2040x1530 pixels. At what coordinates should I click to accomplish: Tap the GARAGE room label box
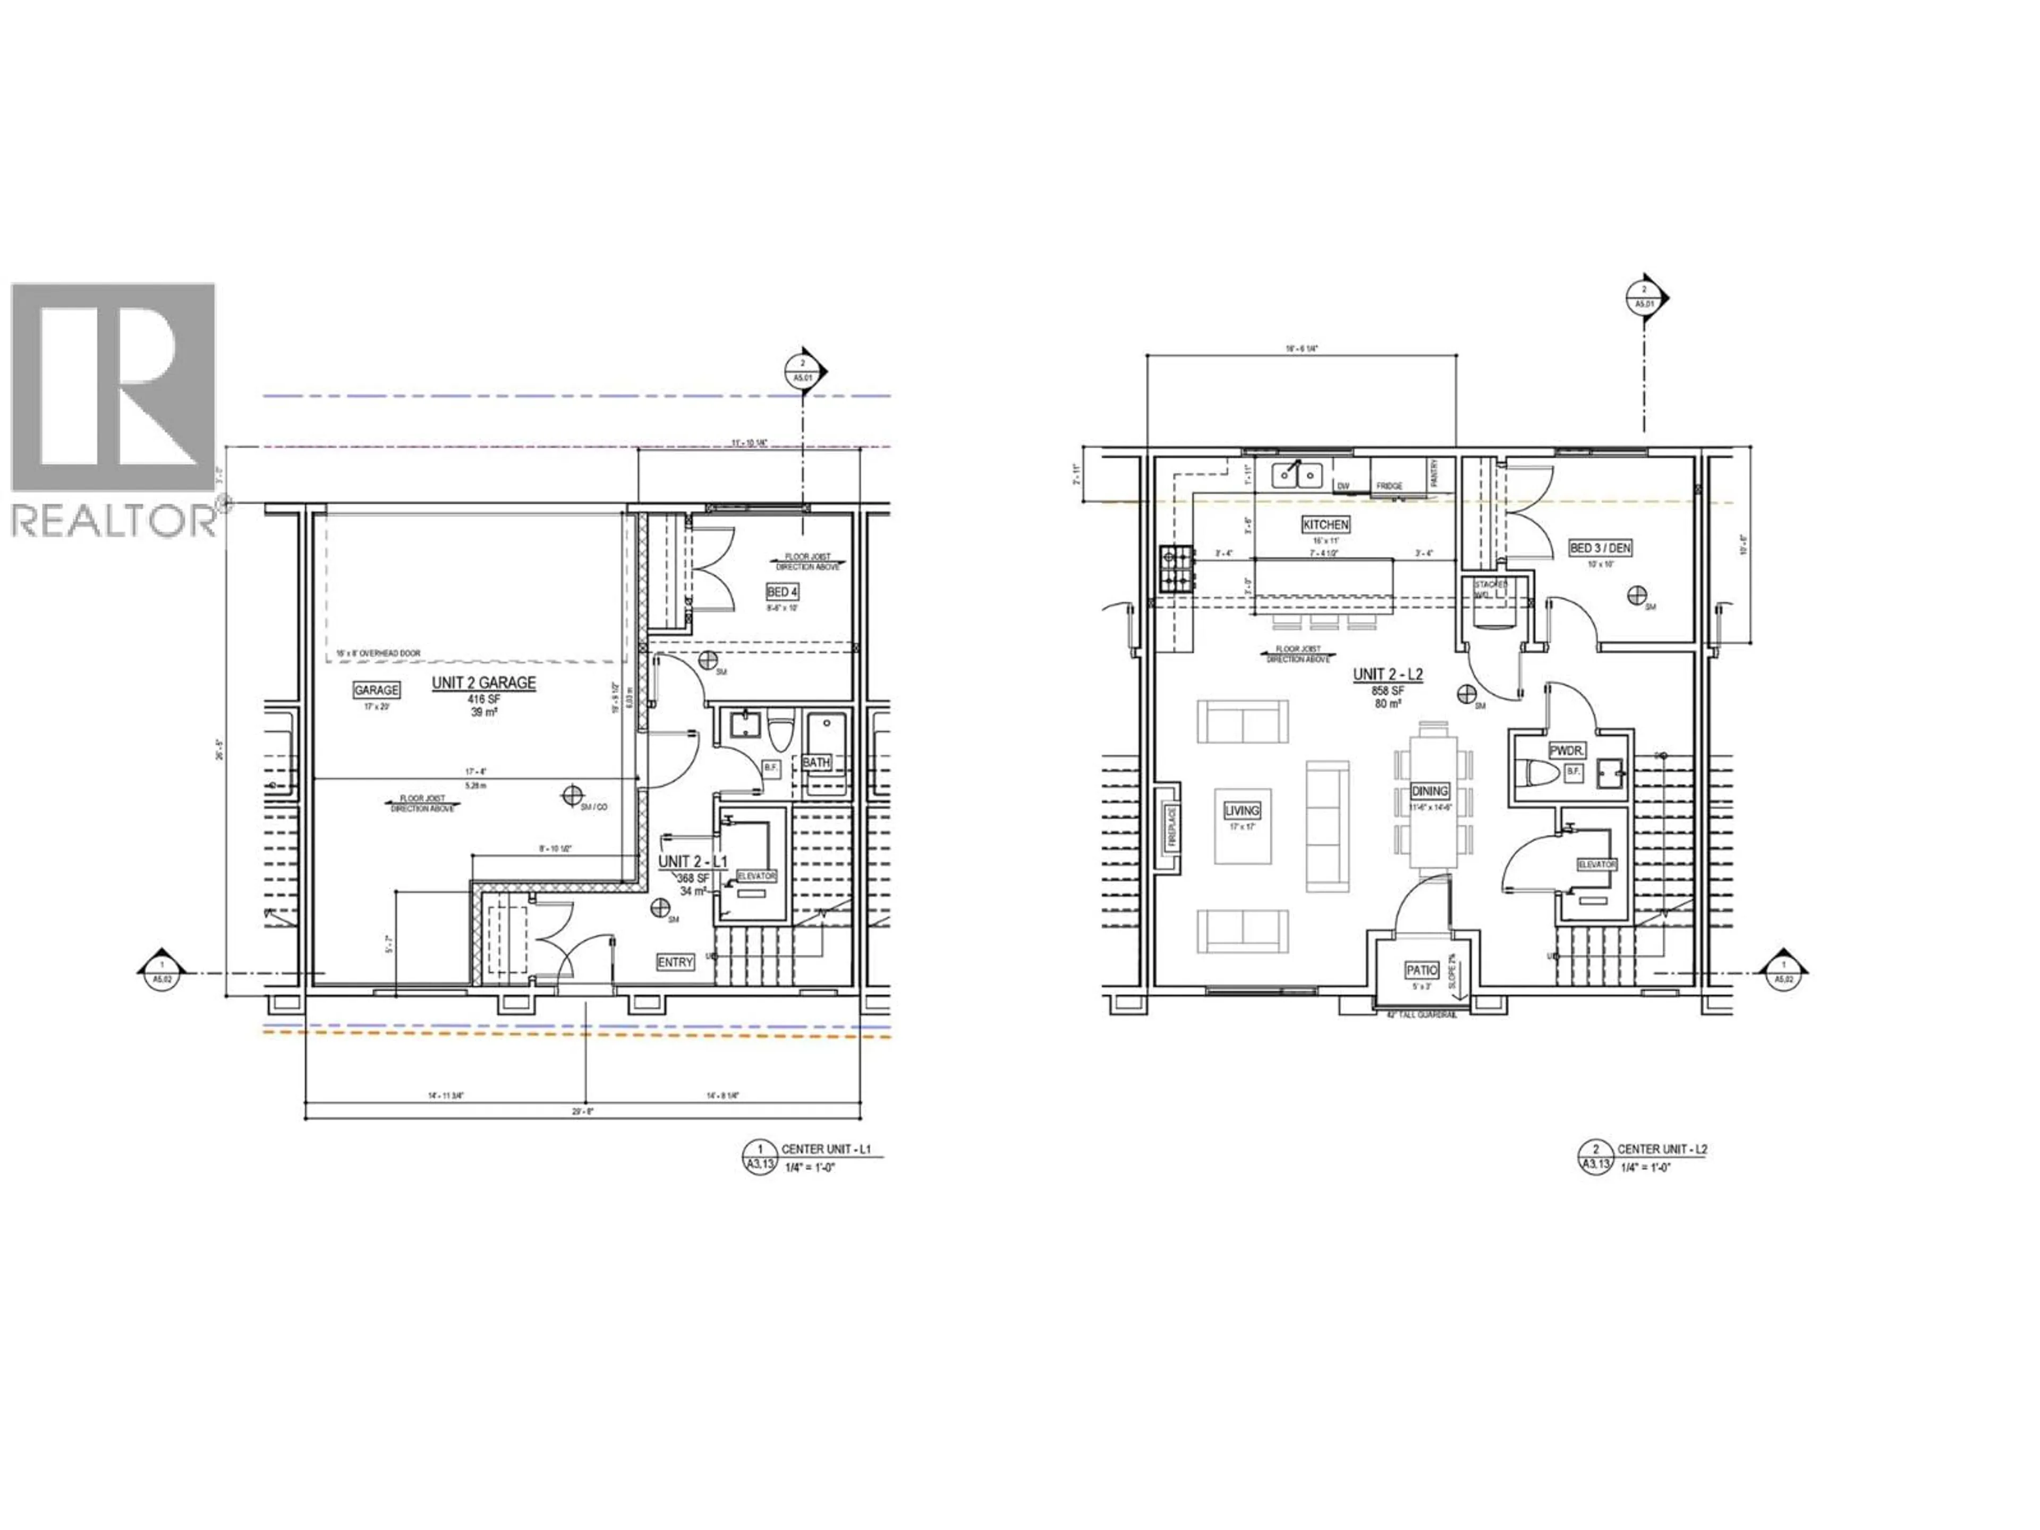376,690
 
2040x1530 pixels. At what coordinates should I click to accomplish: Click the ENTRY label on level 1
675,962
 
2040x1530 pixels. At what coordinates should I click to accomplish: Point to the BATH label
815,763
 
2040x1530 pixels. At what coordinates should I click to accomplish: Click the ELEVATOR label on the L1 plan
756,875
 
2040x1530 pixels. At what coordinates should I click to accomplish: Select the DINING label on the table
1430,791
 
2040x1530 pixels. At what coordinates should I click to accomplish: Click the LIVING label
1242,811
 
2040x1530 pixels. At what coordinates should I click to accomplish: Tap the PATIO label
1421,970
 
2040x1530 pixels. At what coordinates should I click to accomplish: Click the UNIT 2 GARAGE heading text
483,683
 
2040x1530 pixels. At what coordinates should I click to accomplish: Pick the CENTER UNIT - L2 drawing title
1662,1149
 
